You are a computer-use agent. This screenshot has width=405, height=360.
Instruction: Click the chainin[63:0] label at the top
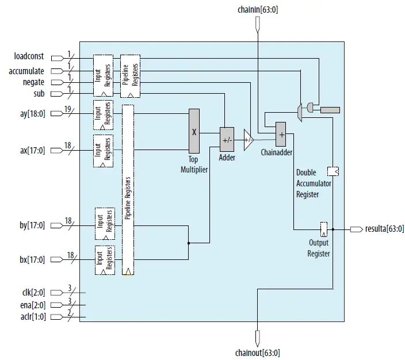pos(258,10)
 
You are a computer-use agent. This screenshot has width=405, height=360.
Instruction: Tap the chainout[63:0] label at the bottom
pos(258,353)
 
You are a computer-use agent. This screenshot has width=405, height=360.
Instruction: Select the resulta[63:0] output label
pos(384,229)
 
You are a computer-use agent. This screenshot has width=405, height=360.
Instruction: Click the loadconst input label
pos(29,56)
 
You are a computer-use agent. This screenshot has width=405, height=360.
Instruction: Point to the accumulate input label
pos(26,71)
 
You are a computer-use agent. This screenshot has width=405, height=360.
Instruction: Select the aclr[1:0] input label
pos(32,317)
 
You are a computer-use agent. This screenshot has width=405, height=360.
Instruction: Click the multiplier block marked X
pos(194,131)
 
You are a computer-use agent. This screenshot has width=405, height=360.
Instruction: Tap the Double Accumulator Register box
pos(333,171)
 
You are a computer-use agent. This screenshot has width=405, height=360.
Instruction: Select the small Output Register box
pos(324,228)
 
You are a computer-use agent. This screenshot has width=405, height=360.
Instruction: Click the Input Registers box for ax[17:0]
pos(104,151)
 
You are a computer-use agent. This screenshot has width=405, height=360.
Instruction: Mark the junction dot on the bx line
pos(188,243)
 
